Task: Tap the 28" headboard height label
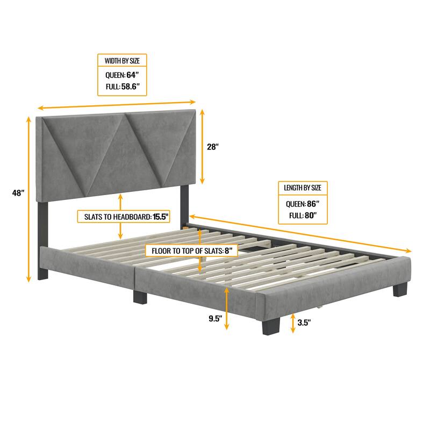213,146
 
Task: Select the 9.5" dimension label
216,318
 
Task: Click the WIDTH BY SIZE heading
122,61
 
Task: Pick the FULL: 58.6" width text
122,86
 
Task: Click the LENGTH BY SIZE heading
303,188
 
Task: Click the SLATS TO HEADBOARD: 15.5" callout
123,217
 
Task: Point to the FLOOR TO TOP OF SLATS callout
190,250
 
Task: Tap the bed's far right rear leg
400,290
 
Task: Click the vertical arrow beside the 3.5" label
293,323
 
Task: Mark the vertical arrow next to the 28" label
203,146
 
